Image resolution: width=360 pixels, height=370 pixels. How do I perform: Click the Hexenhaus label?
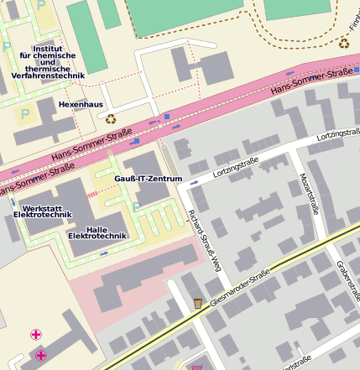81,104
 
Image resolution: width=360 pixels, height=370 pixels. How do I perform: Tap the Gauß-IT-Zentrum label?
148,180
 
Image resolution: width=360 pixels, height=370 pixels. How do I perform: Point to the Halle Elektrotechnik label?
97,232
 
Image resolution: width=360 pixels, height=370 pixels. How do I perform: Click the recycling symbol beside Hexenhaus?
111,118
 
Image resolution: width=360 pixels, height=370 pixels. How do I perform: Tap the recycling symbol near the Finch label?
343,43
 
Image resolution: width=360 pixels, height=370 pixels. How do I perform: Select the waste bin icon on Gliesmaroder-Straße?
197,303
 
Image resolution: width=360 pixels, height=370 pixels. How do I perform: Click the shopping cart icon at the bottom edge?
197,366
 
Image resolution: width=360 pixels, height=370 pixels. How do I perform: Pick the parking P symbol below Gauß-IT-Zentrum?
136,206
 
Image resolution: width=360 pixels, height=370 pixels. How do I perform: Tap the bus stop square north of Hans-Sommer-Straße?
167,116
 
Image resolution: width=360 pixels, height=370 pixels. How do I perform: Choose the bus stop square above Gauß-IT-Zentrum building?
135,142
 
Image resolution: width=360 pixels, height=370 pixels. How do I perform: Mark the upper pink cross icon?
36,335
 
